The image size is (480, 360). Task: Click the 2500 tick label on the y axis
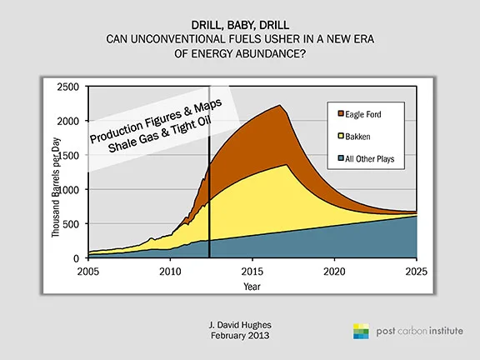point(68,87)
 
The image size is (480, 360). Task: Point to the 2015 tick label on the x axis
point(252,272)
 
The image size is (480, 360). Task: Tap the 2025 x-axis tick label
point(416,272)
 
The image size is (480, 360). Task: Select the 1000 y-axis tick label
point(68,190)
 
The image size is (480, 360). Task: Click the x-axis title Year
point(252,287)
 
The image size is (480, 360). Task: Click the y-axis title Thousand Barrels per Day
point(56,187)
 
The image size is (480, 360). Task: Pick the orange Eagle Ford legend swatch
point(341,113)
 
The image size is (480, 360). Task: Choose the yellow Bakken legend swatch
point(341,136)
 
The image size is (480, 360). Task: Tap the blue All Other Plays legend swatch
point(341,158)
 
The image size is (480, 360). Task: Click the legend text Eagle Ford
point(363,114)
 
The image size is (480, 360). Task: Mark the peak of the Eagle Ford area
point(279,105)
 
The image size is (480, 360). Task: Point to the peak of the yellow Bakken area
point(287,165)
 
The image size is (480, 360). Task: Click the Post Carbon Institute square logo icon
point(361,331)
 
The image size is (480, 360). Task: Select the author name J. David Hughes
point(240,325)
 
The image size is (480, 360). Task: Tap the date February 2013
point(240,336)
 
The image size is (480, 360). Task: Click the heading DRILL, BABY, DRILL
point(240,25)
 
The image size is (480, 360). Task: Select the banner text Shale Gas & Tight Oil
point(160,134)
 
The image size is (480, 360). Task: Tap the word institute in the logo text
point(446,331)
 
